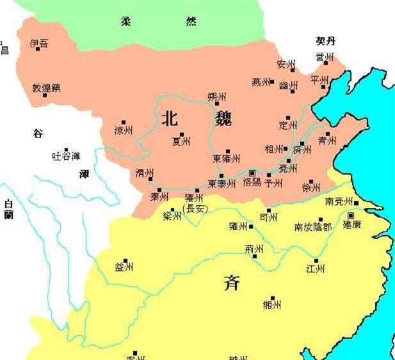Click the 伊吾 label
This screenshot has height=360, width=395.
(38, 43)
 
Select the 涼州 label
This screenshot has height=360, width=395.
(123, 130)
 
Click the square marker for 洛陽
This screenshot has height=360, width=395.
(252, 173)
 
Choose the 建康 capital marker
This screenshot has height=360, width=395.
(351, 216)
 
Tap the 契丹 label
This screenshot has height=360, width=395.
(325, 41)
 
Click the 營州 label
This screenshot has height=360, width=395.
(324, 58)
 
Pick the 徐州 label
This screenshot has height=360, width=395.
(311, 188)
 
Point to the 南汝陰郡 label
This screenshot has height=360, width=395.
(313, 227)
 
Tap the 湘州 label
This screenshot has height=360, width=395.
(272, 305)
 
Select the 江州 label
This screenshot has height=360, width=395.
(316, 269)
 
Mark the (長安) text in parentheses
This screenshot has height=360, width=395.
(194, 208)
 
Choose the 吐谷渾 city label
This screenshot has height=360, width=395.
(66, 156)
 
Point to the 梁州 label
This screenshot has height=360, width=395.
(172, 216)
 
